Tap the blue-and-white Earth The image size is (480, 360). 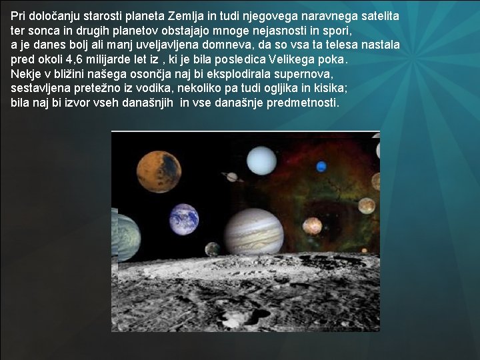coord(184,219)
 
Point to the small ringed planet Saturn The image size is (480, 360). coord(232,177)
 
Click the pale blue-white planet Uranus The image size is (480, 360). coord(261,160)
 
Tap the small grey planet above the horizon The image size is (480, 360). coord(212,249)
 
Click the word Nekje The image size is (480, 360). coord(25,74)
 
